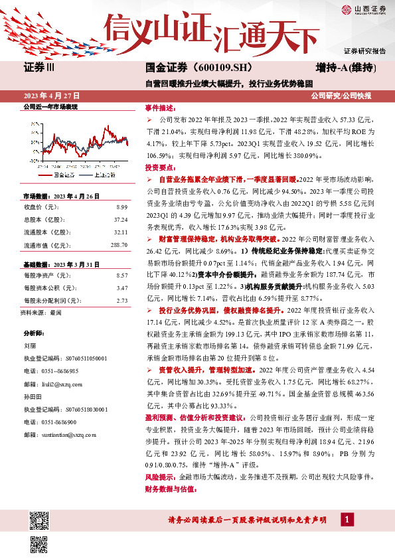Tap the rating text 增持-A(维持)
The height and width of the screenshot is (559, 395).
[x=346, y=68]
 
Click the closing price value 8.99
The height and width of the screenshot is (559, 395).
[x=121, y=206]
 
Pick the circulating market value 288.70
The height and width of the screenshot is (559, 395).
[x=118, y=246]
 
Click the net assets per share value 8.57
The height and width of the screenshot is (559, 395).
[x=121, y=274]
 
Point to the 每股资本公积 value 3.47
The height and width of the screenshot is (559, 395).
[x=121, y=287]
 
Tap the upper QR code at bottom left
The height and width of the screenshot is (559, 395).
[x=39, y=520]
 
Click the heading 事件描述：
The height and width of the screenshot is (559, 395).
[x=160, y=108]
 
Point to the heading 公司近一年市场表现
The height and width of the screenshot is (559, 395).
[x=50, y=107]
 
